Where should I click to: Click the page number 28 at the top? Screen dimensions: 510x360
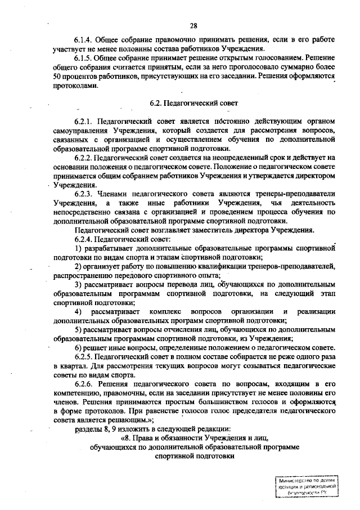click(x=193, y=25)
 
